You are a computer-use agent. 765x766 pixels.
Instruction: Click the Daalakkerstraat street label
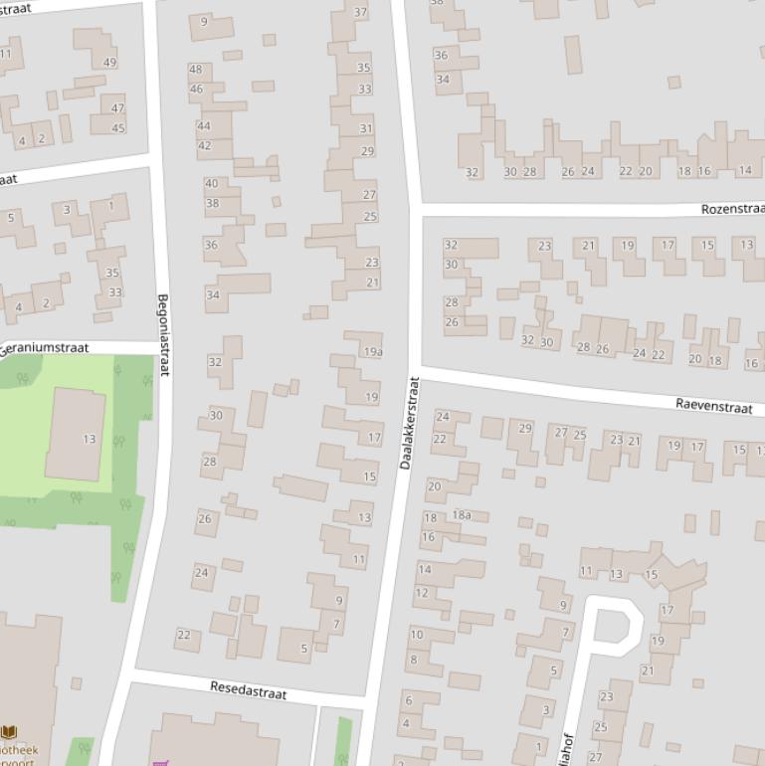pyautogui.click(x=408, y=424)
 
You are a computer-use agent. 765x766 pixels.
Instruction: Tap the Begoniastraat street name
pyautogui.click(x=163, y=334)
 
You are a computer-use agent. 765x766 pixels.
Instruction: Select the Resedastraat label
pyautogui.click(x=248, y=690)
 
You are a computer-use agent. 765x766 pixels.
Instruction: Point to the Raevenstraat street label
pyautogui.click(x=713, y=405)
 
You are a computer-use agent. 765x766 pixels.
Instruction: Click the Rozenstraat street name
pyautogui.click(x=732, y=209)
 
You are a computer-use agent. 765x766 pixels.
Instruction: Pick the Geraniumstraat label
pyautogui.click(x=45, y=349)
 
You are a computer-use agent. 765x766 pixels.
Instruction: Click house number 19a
pyautogui.click(x=372, y=352)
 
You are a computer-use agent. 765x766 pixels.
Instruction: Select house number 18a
pyautogui.click(x=462, y=515)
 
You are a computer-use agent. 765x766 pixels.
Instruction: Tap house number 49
pyautogui.click(x=109, y=63)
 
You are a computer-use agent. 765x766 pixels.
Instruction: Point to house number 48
pyautogui.click(x=195, y=70)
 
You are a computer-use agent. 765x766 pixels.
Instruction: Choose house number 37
pyautogui.click(x=360, y=13)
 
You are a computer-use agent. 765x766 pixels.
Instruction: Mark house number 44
pyautogui.click(x=204, y=126)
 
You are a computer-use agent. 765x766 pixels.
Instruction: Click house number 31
pyautogui.click(x=366, y=128)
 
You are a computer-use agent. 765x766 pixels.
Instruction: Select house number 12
pyautogui.click(x=421, y=593)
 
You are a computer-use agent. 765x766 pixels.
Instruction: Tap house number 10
pyautogui.click(x=416, y=635)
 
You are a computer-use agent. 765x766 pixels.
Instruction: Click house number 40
pyautogui.click(x=211, y=184)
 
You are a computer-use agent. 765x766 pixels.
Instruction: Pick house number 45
pyautogui.click(x=118, y=128)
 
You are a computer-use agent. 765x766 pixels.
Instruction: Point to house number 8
pyautogui.click(x=413, y=660)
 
